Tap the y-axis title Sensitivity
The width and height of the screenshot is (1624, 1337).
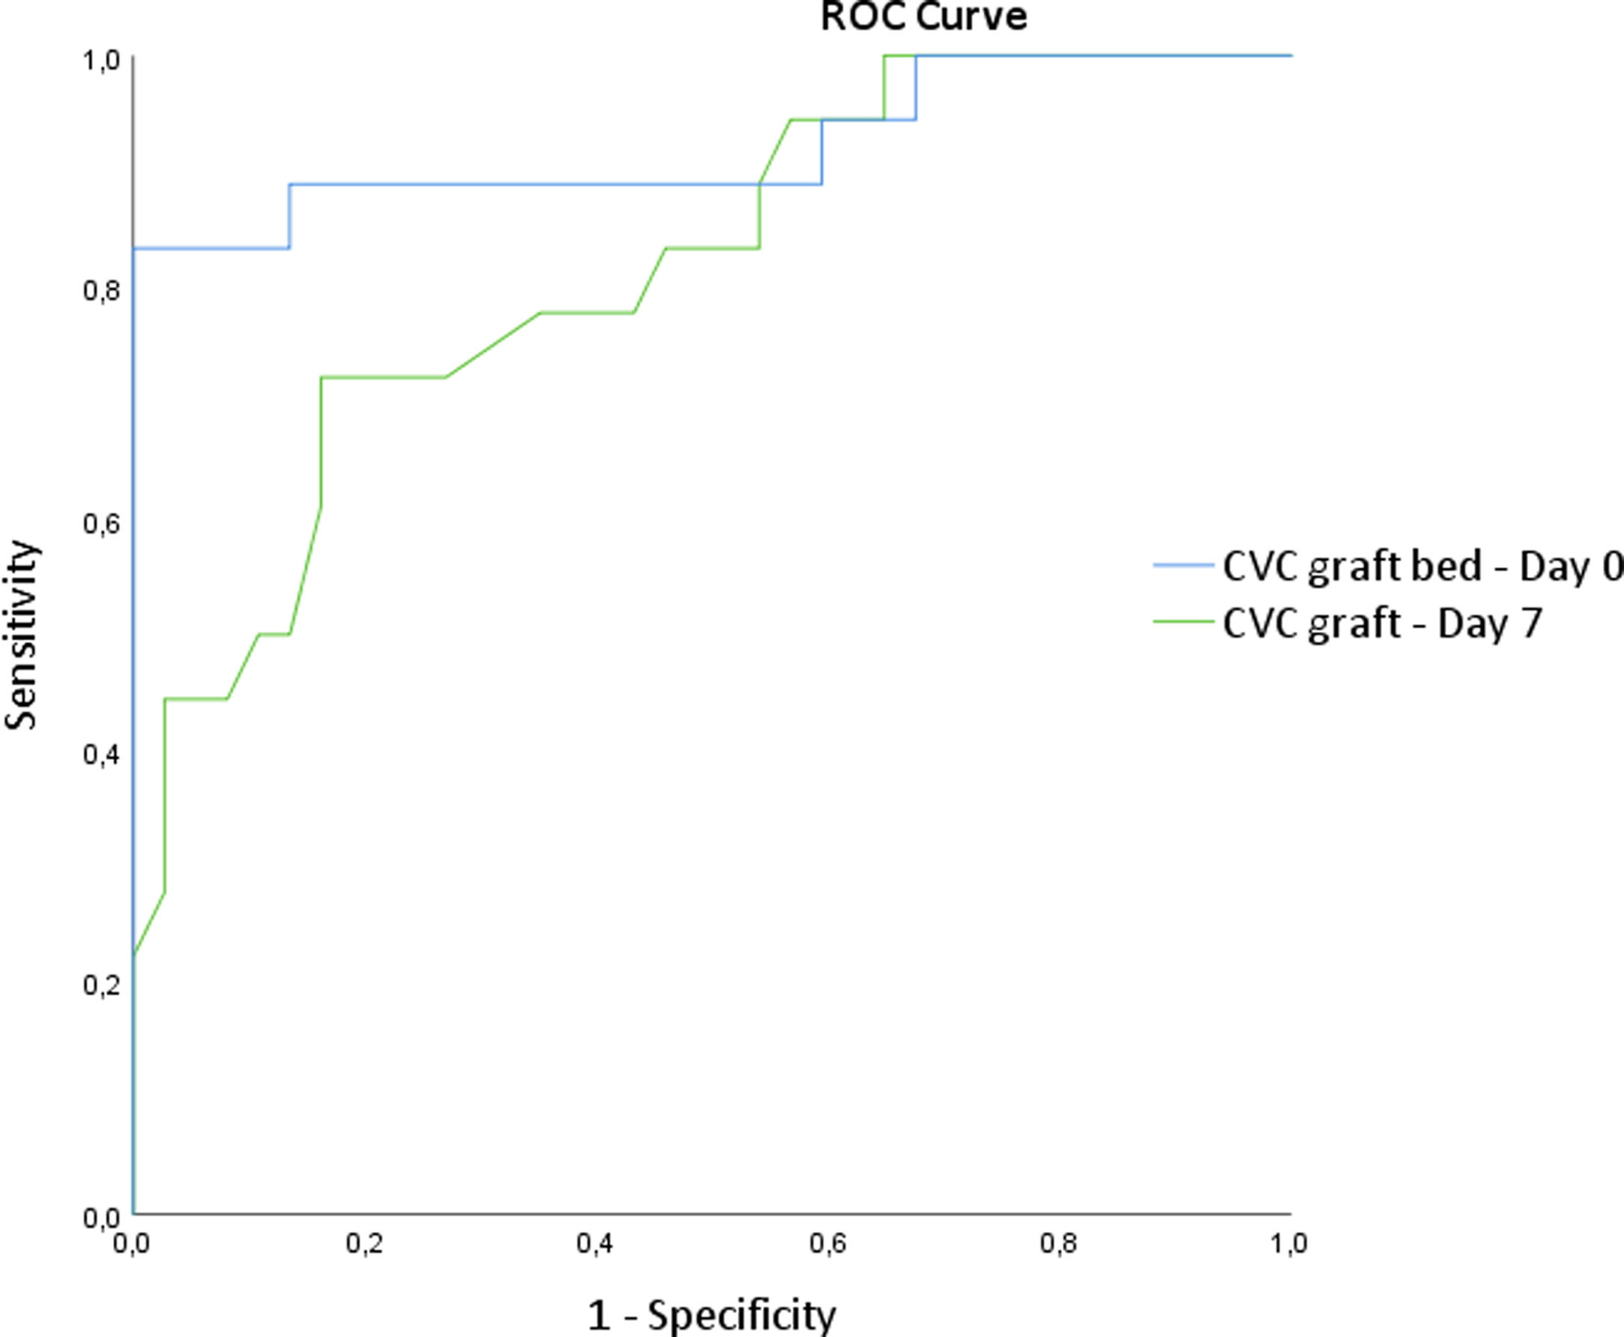tap(21, 635)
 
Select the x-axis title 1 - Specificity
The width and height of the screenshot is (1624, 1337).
tap(711, 1316)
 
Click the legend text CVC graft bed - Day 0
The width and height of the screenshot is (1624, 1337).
tap(1422, 566)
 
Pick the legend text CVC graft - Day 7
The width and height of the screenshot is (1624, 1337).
tap(1383, 623)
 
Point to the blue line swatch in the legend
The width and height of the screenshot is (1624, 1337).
tap(1183, 565)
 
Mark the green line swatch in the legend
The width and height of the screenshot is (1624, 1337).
tap(1183, 621)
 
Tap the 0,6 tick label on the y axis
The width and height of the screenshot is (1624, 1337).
tap(101, 525)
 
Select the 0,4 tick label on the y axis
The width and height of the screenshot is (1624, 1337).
tap(101, 755)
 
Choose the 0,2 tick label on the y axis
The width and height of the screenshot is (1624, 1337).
tap(101, 986)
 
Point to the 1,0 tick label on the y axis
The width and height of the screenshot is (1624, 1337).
tap(101, 61)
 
